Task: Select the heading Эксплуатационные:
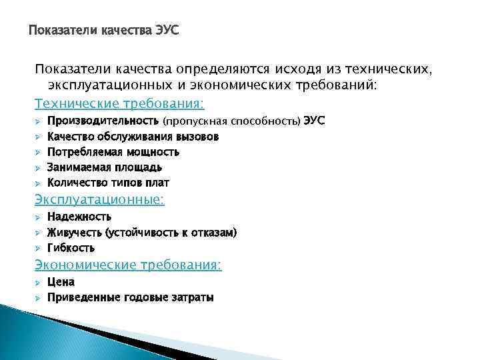[x=100, y=199]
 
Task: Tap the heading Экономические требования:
[x=128, y=265]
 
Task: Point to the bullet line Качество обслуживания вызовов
[x=133, y=137]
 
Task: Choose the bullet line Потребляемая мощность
[x=113, y=152]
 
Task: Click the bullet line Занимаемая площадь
[x=105, y=167]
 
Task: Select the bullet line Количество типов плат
[x=108, y=183]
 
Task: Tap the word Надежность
[x=79, y=217]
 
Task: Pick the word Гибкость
[x=71, y=248]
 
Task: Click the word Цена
[x=61, y=282]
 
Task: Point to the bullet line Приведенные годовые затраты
[x=130, y=298]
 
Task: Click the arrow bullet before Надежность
[x=39, y=217]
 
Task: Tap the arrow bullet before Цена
[x=39, y=283]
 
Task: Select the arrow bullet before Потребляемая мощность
[x=39, y=153]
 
